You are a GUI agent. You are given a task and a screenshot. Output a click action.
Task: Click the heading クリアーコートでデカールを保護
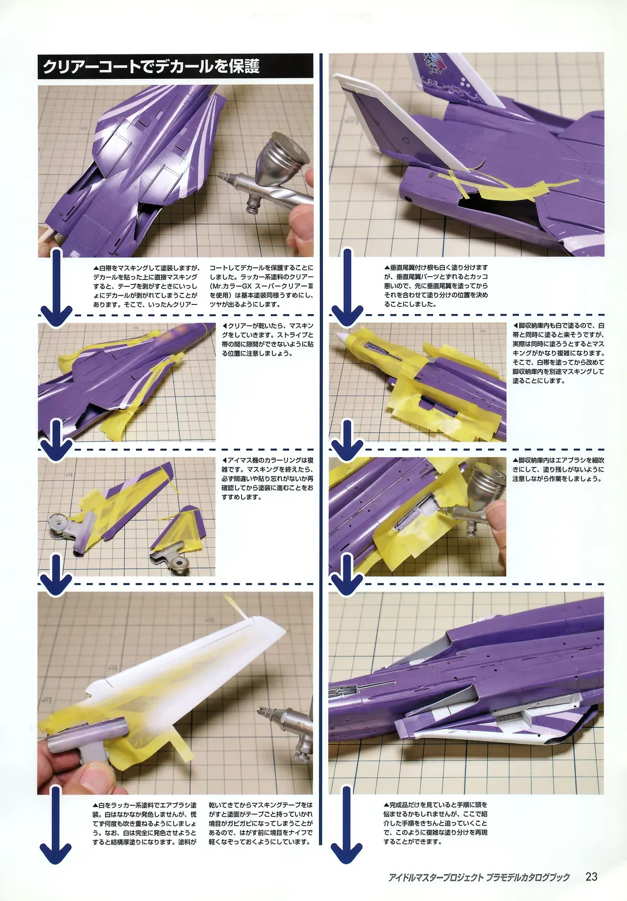[151, 66]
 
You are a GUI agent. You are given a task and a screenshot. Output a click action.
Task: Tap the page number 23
[591, 876]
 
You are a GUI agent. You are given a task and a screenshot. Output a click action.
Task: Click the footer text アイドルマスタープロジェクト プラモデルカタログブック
[479, 877]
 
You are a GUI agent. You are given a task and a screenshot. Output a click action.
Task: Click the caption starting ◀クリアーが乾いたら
[267, 339]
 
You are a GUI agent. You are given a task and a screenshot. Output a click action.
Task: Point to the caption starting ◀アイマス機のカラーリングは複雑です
[267, 479]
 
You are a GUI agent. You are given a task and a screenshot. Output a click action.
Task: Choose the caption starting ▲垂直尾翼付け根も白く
[435, 286]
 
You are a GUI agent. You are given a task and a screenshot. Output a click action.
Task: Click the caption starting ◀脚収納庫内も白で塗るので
[558, 353]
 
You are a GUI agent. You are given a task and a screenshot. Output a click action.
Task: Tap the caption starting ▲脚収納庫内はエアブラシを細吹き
[558, 469]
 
